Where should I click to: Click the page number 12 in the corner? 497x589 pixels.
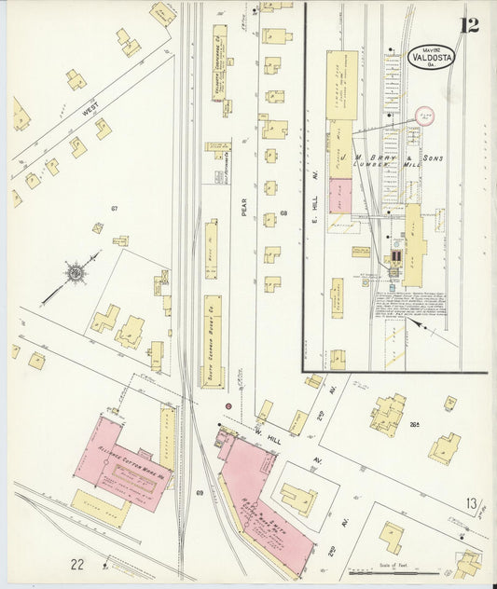click(x=468, y=24)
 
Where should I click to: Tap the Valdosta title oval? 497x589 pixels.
click(x=431, y=56)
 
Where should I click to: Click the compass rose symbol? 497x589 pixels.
click(x=75, y=273)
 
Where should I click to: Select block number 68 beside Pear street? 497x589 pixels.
click(x=283, y=214)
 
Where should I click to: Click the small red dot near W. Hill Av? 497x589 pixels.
click(x=227, y=406)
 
